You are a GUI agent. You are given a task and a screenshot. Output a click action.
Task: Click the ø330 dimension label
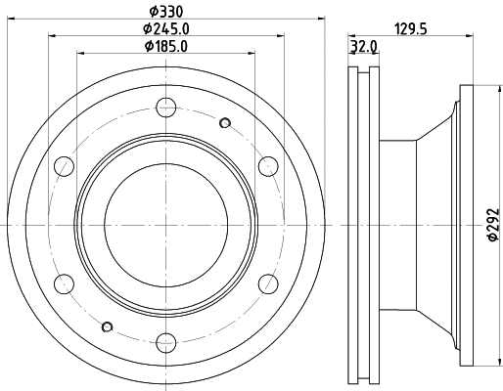pos(165,11)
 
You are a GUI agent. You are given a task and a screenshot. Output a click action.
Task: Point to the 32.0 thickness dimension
pos(362,46)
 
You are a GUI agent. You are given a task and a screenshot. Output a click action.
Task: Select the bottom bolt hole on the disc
pos(165,342)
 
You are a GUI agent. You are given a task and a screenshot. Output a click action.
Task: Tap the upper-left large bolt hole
pos(64,164)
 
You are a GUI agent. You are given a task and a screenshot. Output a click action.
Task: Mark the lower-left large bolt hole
pos(64,283)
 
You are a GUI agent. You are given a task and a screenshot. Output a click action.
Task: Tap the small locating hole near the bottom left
pos(107,326)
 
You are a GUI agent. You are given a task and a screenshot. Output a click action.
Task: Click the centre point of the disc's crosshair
pos(165,224)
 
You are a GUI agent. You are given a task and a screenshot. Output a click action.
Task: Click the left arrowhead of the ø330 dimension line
pos(7,20)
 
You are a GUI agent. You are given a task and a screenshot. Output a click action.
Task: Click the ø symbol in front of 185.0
pos(148,46)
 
